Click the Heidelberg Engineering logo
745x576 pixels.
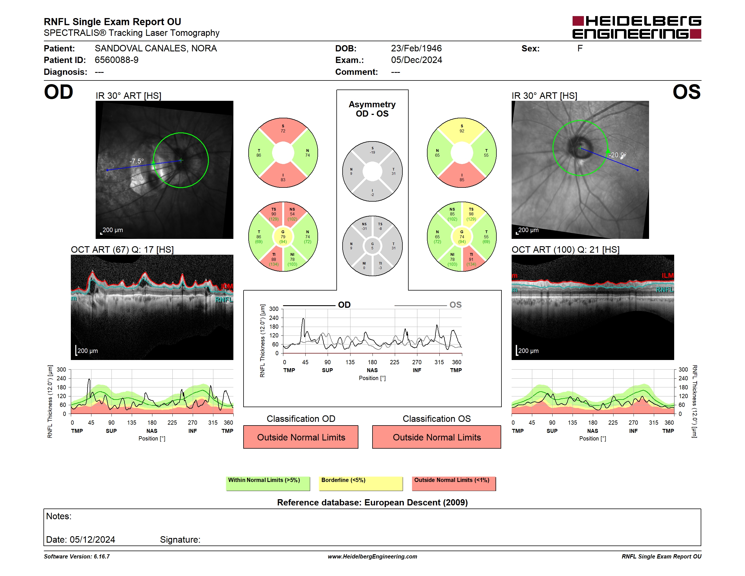(637, 27)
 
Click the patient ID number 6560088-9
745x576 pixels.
(117, 60)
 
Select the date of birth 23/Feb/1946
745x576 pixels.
(416, 49)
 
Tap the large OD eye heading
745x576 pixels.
(58, 92)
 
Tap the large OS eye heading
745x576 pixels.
(686, 92)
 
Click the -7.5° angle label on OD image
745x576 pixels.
(137, 161)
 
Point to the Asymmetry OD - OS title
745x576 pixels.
(372, 109)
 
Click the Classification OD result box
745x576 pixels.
(301, 437)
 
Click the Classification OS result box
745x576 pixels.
(437, 437)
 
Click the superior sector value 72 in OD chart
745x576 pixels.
(283, 131)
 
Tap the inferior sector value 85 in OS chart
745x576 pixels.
(462, 180)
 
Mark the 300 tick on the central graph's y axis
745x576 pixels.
(274, 309)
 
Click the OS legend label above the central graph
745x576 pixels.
(455, 305)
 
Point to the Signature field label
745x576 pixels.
(180, 540)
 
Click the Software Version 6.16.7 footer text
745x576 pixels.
(77, 557)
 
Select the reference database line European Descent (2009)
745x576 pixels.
(372, 502)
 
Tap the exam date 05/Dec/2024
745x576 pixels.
(416, 60)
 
